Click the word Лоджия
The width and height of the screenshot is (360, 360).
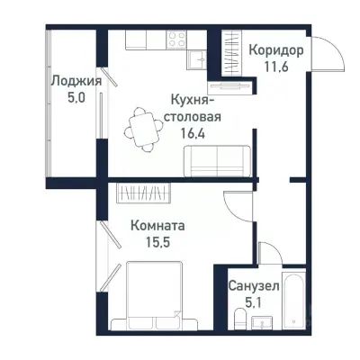(76, 80)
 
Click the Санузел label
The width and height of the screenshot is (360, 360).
(253, 285)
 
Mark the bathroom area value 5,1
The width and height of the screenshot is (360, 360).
(253, 301)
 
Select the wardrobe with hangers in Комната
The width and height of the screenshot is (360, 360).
(143, 193)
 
